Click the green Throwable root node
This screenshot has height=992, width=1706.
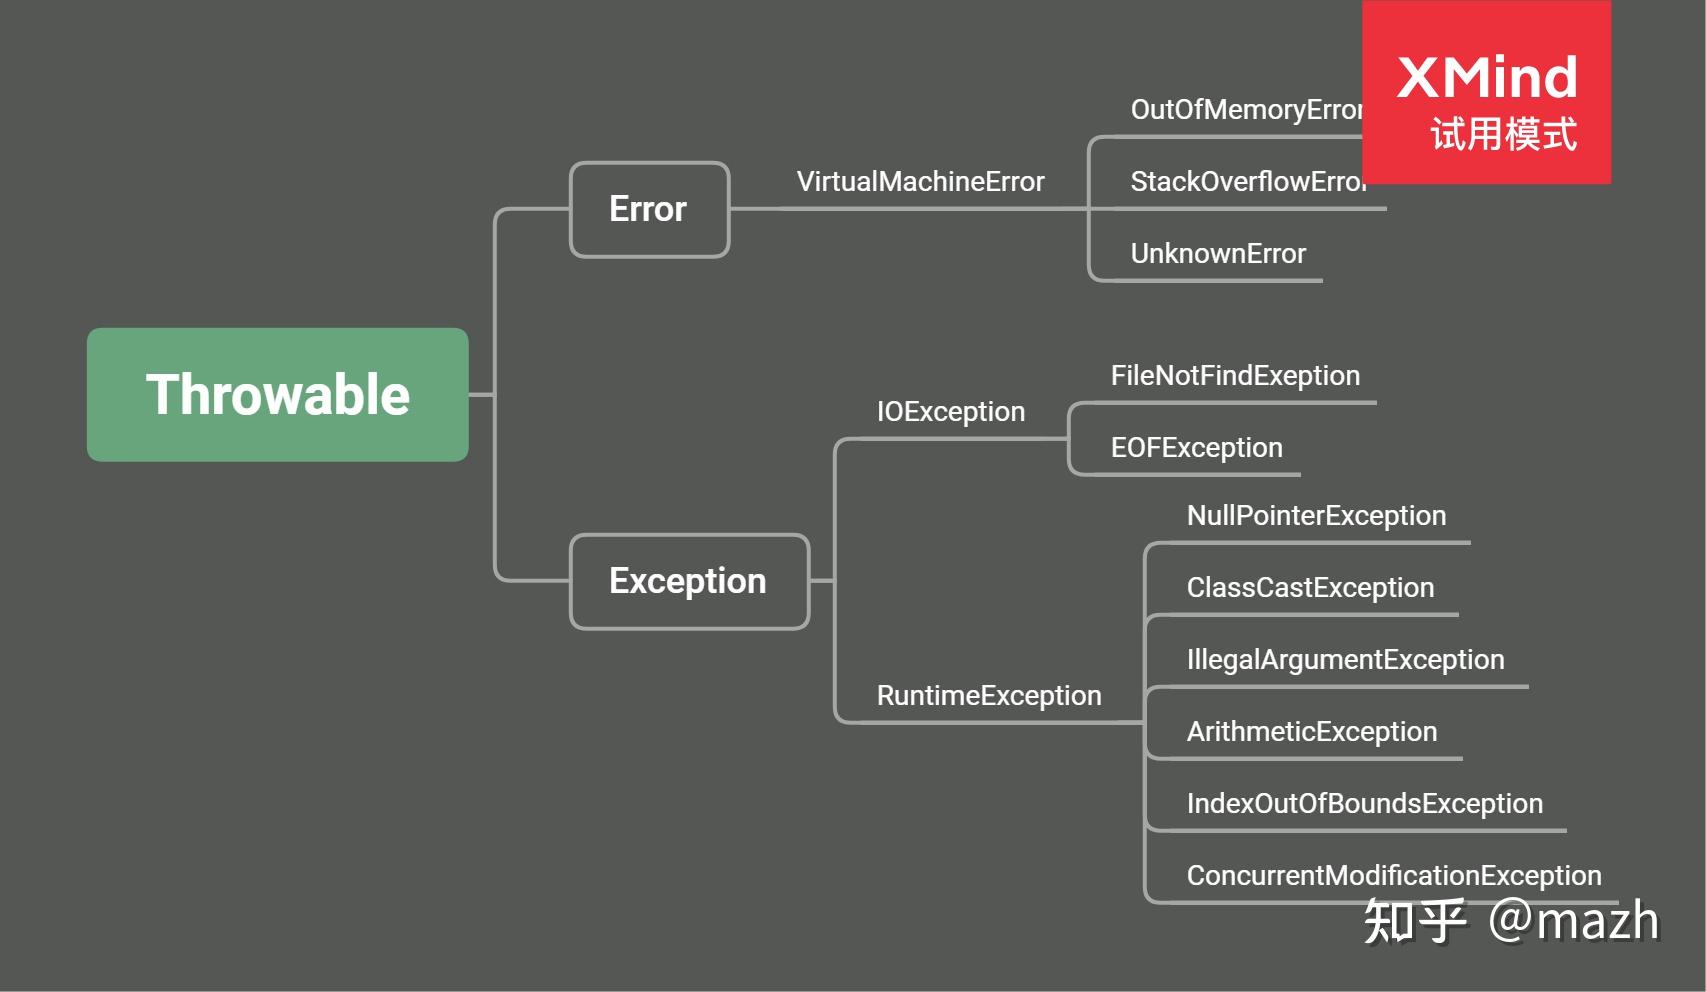277,394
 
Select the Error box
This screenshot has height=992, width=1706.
650,209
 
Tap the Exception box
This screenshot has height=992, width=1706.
689,582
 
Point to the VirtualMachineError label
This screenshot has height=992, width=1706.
920,182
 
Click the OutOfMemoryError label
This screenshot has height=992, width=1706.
1247,110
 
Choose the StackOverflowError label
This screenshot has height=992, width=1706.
1248,182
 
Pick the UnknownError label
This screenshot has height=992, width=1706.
1218,254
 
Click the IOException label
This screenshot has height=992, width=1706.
950,412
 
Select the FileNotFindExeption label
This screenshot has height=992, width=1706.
1235,376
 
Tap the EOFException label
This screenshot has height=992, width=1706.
1196,448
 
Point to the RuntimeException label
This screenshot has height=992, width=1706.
989,696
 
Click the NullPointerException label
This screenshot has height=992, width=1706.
1316,516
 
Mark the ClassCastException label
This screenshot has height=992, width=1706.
1310,588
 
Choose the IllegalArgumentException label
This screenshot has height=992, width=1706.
1345,660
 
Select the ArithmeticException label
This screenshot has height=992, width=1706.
1311,732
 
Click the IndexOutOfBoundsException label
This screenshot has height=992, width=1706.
1365,804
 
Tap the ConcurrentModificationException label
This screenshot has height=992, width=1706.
1394,876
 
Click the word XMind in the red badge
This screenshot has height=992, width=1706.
1487,78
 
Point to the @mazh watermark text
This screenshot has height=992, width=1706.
1573,921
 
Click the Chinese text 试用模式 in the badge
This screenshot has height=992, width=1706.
1503,135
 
